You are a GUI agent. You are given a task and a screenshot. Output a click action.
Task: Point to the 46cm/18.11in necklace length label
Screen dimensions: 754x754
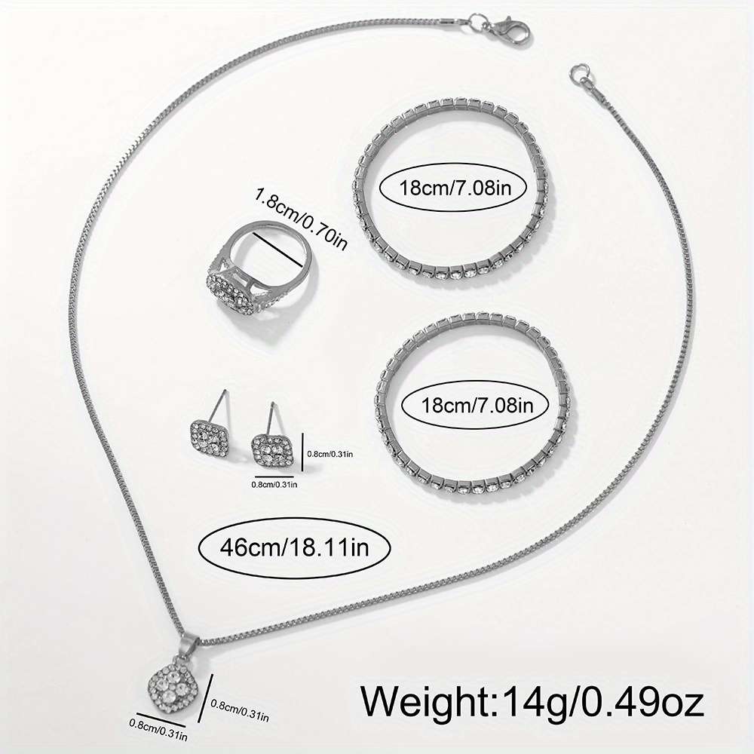(294, 547)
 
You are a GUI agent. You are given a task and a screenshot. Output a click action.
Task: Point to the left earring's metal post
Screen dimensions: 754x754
(222, 406)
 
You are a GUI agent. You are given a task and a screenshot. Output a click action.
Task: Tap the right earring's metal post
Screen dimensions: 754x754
(273, 418)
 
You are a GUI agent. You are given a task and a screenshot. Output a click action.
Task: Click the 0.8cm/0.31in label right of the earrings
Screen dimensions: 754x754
(330, 453)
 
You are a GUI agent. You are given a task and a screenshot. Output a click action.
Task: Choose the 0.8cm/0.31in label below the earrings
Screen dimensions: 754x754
(274, 484)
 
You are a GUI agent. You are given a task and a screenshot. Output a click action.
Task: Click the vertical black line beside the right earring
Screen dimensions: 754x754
(302, 452)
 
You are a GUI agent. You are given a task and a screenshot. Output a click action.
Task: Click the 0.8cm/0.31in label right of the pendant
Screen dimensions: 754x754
(240, 711)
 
